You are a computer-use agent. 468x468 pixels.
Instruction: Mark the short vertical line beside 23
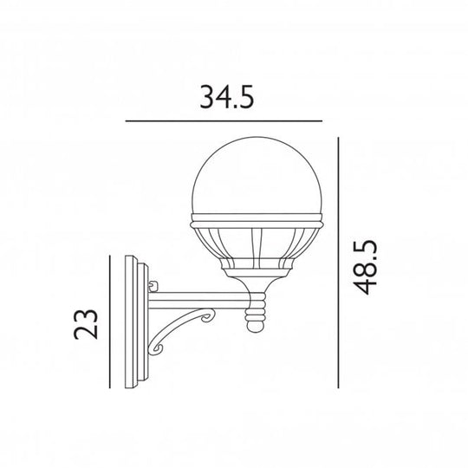pyautogui.click(x=111, y=323)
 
